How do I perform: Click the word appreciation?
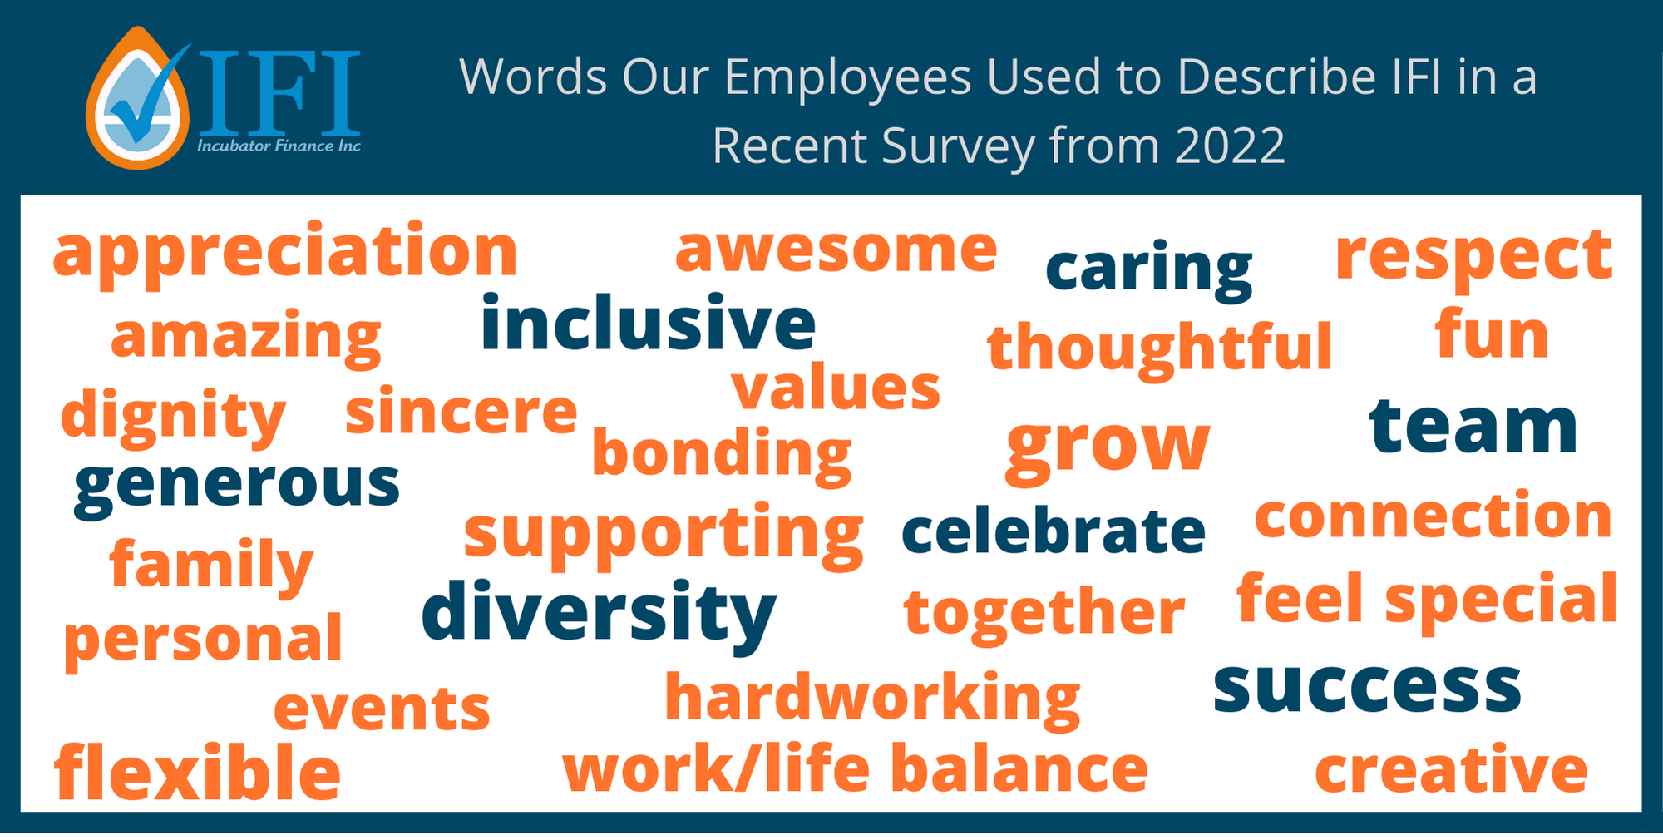pyautogui.click(x=285, y=253)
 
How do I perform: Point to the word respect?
pyautogui.click(x=1474, y=258)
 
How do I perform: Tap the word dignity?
pyautogui.click(x=173, y=415)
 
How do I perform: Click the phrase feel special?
pyautogui.click(x=1427, y=600)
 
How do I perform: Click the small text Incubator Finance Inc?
pyautogui.click(x=279, y=146)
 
